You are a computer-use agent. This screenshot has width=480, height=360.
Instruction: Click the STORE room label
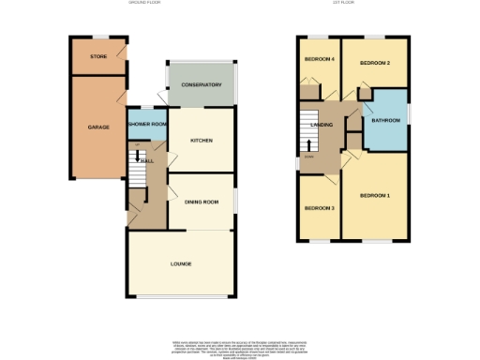pyautogui.click(x=98, y=57)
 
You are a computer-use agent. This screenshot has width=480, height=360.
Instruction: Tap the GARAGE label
pyautogui.click(x=98, y=127)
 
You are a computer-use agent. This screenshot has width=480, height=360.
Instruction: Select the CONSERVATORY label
pyautogui.click(x=202, y=85)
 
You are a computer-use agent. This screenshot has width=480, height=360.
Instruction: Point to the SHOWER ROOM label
pyautogui.click(x=147, y=124)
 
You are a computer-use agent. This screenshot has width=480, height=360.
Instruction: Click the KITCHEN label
pyautogui.click(x=202, y=141)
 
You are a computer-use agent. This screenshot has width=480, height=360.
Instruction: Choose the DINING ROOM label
pyautogui.click(x=201, y=202)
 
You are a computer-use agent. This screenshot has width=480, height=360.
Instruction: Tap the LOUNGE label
pyautogui.click(x=181, y=263)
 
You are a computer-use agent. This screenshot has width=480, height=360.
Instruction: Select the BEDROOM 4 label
pyautogui.click(x=320, y=60)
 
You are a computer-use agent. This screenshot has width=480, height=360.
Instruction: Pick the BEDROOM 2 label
pyautogui.click(x=375, y=62)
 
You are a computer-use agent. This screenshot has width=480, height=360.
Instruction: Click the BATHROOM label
pyautogui.click(x=385, y=120)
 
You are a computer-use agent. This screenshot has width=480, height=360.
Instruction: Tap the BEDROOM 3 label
pyautogui.click(x=320, y=207)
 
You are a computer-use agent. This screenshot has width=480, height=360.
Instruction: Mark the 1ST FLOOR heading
pyautogui.click(x=353, y=4)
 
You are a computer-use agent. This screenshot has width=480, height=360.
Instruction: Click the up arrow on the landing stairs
pyautogui.click(x=310, y=143)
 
